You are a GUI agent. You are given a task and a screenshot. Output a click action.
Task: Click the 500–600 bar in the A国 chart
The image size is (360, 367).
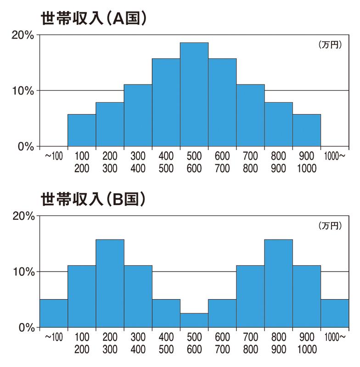pyautogui.click(x=194, y=95)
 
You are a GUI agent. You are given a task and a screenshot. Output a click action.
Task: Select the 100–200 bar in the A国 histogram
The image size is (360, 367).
pyautogui.click(x=82, y=130)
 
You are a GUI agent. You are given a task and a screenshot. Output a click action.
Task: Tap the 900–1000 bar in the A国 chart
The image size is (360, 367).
pyautogui.click(x=307, y=130)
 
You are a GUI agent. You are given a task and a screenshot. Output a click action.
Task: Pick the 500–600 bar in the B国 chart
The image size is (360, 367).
pyautogui.click(x=194, y=320)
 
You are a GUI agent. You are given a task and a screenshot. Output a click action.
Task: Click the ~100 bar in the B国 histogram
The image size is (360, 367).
pyautogui.click(x=54, y=313)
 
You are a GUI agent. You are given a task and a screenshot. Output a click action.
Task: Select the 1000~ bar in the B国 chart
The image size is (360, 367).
pyautogui.click(x=335, y=313)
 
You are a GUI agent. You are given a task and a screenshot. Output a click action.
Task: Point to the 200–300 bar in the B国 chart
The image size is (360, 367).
pyautogui.click(x=110, y=284)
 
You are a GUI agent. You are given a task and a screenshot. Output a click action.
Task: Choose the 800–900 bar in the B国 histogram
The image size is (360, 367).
pyautogui.click(x=279, y=284)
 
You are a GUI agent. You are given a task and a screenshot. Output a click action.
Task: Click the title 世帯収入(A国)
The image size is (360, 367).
pyautogui.click(x=94, y=19)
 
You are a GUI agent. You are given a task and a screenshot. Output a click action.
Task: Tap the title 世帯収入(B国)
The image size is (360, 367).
pyautogui.click(x=94, y=200)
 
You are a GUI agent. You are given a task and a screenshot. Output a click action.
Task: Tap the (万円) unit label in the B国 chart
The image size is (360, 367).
pyautogui.click(x=330, y=226)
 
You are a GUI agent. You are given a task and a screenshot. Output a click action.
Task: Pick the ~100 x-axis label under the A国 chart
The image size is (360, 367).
pyautogui.click(x=54, y=156)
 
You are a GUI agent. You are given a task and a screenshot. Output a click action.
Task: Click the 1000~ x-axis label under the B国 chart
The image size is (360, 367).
pyautogui.click(x=335, y=338)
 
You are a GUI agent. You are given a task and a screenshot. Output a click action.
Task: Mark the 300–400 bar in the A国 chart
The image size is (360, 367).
pyautogui.click(x=138, y=116)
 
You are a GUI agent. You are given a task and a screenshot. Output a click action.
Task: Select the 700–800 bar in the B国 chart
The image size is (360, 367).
pyautogui.click(x=250, y=296)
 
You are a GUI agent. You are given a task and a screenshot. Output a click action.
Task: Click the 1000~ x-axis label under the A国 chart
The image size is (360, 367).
pyautogui.click(x=335, y=156)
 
